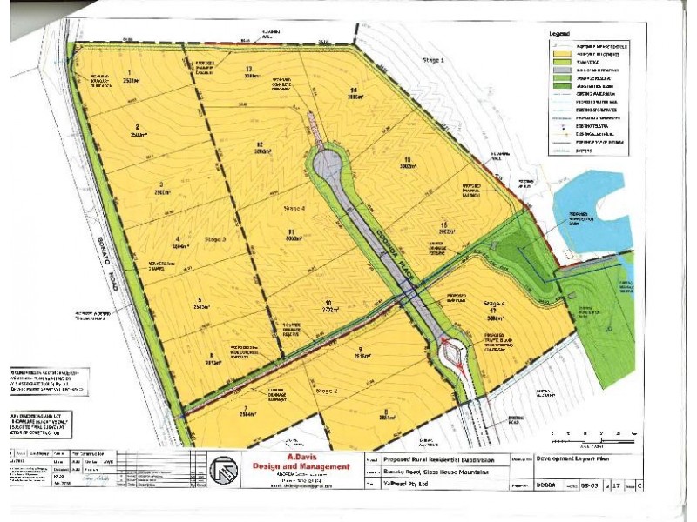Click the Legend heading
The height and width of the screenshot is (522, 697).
tap(559, 33)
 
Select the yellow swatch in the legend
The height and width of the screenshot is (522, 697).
tap(559, 54)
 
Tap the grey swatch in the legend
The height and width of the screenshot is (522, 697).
tap(559, 63)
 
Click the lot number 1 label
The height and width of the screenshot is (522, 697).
tap(130, 72)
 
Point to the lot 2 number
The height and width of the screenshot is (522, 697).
tap(137, 126)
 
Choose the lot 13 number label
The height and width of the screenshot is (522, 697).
tap(249, 69)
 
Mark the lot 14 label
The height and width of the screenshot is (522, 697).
tap(354, 90)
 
